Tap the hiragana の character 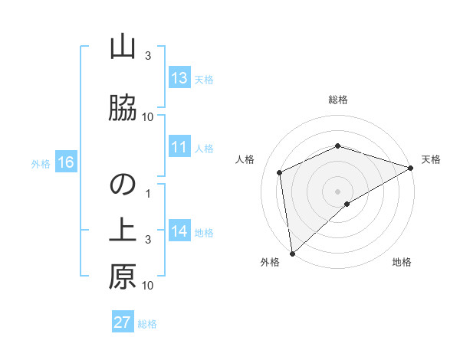[x=123, y=185]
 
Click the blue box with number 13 [x=179, y=78]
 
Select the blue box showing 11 [x=179, y=147]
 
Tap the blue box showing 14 [x=179, y=231]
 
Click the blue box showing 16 [x=65, y=162]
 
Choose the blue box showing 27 [x=123, y=322]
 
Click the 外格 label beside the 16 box [x=40, y=163]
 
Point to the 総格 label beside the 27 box [x=147, y=324]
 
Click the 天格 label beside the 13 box [x=203, y=80]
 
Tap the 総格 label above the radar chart [x=338, y=100]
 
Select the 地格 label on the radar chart [x=402, y=263]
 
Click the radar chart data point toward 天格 [x=410, y=168]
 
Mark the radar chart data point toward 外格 [x=291, y=253]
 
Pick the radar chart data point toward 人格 [x=280, y=172]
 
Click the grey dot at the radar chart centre [x=338, y=191]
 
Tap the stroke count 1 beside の [x=149, y=193]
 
